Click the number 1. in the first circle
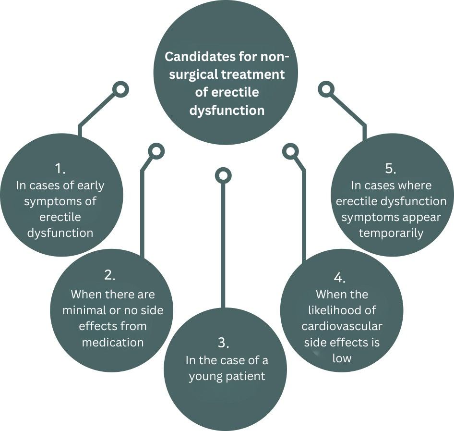[x=60, y=169]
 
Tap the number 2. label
[x=110, y=275]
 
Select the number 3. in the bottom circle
[x=224, y=343]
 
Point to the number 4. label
[x=340, y=278]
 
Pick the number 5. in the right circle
[x=391, y=169]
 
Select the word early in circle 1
[x=89, y=185]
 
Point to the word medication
[x=113, y=343]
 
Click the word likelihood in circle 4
[x=342, y=310]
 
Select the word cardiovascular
[x=342, y=327]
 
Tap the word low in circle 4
[x=341, y=358]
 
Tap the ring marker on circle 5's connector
[x=326, y=89]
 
